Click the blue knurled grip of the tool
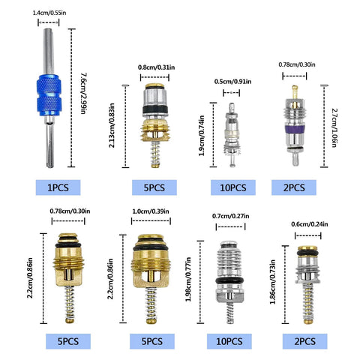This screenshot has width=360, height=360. coord(49,95)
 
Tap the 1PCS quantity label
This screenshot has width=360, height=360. coord(58,187)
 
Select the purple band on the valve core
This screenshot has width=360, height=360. coord(295,130)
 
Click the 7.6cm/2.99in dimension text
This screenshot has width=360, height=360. coord(83,94)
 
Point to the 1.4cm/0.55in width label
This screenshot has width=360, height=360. coord(49,13)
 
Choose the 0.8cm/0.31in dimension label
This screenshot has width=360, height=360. coord(157,67)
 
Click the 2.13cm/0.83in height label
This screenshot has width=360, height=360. coord(112,125)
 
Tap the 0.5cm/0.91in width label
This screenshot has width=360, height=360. coord(232,82)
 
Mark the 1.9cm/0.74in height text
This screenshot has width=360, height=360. coord(202,136)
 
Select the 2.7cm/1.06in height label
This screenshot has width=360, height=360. coord(334,127)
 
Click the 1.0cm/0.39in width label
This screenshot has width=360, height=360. coord(151,211)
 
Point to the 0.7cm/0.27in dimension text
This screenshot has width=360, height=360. coord(230,216)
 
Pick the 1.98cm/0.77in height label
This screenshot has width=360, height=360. coord(188,279)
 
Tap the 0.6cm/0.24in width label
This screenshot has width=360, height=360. coord(310,224)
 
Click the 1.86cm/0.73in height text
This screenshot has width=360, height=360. coord(273,282)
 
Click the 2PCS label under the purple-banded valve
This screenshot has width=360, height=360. coord(294,187)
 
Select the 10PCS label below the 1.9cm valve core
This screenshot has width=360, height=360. coord(233,187)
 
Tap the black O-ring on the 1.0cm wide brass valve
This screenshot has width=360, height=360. coord(151,247)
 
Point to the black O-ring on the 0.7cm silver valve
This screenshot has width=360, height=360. coord(229,280)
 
